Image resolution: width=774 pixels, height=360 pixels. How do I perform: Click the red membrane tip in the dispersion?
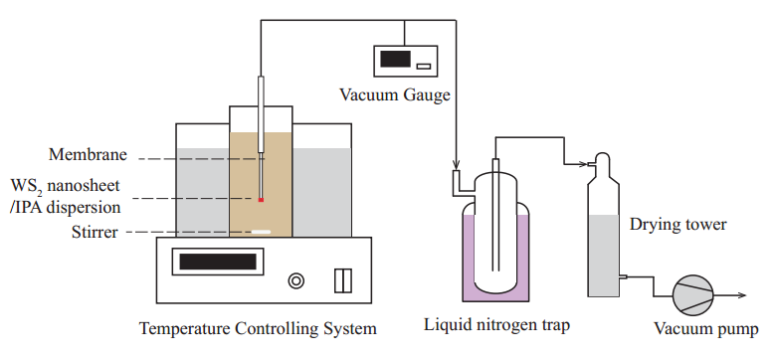click(261, 200)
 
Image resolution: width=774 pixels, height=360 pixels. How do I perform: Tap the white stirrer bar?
click(261, 232)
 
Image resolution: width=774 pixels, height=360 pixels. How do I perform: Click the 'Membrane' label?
click(88, 155)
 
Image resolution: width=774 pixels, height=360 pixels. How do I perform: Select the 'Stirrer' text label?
click(95, 232)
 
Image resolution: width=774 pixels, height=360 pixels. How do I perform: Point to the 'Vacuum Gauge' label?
click(395, 94)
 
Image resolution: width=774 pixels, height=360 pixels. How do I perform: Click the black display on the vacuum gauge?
click(395, 59)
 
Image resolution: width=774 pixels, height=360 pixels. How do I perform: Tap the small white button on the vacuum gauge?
click(424, 66)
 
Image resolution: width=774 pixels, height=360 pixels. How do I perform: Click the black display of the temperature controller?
click(218, 262)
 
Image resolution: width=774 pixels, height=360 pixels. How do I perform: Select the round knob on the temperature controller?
click(295, 281)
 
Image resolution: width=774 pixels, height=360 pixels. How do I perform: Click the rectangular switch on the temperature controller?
click(343, 280)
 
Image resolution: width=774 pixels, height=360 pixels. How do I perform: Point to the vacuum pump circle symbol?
click(693, 295)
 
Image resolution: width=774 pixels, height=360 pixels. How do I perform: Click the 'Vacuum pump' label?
click(706, 328)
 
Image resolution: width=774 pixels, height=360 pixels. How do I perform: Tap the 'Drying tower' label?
click(677, 225)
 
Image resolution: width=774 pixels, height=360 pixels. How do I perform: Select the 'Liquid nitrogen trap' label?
click(496, 325)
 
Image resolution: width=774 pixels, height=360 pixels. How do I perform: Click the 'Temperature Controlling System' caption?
click(258, 328)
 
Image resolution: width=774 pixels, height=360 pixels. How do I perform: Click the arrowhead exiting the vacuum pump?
click(742, 295)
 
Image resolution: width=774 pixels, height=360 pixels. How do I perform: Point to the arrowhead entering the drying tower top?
click(584, 164)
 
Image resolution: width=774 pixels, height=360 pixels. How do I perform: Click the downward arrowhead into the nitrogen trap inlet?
click(456, 165)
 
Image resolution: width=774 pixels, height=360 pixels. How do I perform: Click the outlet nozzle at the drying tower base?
click(623, 276)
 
